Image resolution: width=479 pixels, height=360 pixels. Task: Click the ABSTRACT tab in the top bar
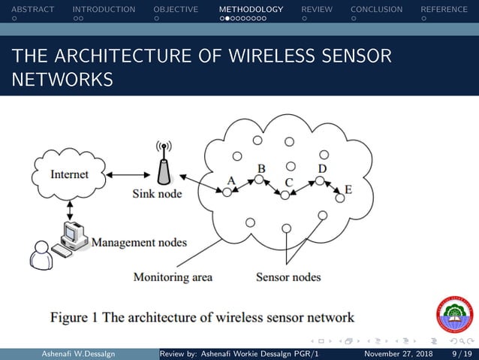point(28,10)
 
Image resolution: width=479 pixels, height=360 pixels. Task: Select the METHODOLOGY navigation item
point(251,10)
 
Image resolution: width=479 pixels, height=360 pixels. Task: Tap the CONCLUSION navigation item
point(376,10)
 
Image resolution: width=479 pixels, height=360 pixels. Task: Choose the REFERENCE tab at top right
point(449,10)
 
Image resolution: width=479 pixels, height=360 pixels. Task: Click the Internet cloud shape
point(69,174)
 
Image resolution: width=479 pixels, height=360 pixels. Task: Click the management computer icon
point(74,237)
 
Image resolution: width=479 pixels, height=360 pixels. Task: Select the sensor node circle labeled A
point(227,192)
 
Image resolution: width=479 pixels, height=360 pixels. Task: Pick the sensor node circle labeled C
point(285,195)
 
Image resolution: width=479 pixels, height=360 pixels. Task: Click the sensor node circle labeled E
point(340,198)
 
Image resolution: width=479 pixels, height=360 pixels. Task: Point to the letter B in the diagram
point(261,168)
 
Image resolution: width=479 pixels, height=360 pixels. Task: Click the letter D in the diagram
point(322,168)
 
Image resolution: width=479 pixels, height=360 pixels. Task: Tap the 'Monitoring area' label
point(173,277)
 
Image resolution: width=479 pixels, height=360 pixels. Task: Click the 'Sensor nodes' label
point(288,277)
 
